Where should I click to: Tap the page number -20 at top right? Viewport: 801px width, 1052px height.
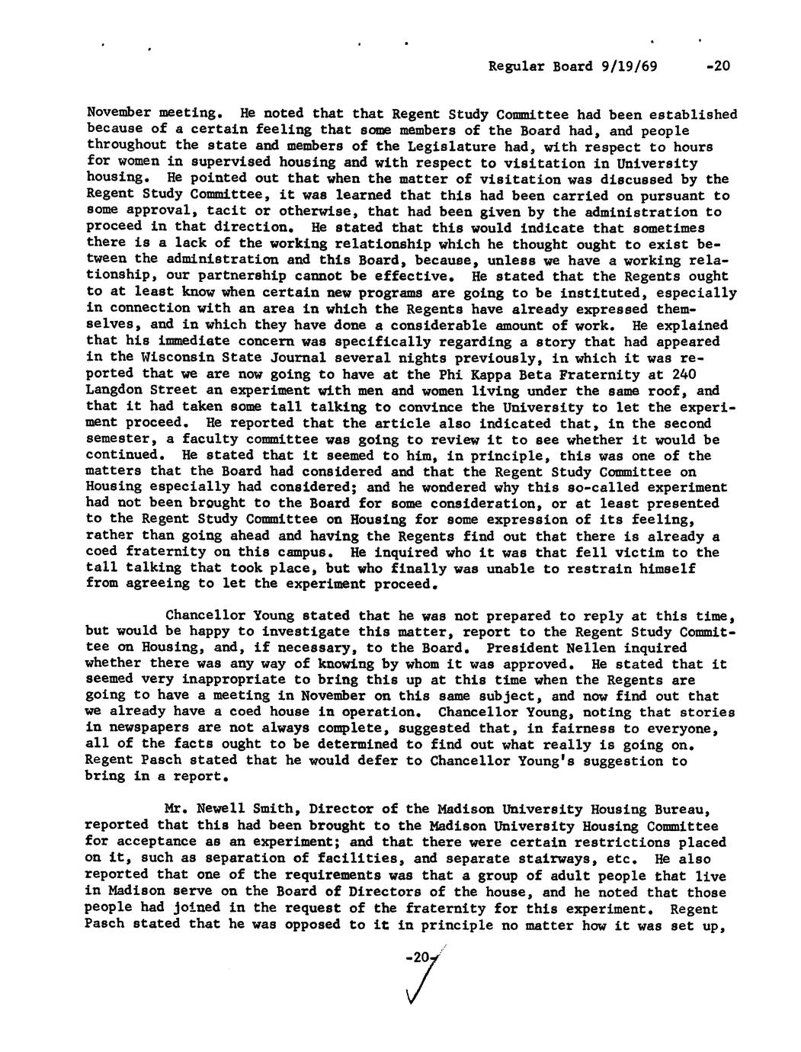point(717,66)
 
